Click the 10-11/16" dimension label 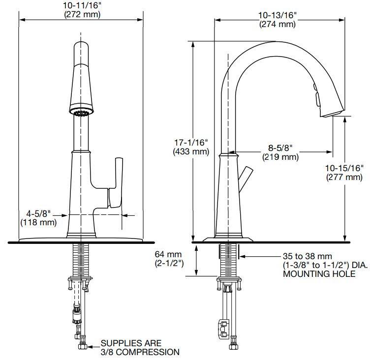pos(82,5)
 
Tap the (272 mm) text pos(82,14)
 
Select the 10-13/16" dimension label pos(277,15)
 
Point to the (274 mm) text pos(277,24)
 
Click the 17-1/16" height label pos(191,143)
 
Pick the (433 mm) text pos(191,151)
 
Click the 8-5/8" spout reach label pos(280,148)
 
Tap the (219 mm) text pos(280,157)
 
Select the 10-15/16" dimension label pos(344,168)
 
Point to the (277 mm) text pos(344,177)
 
